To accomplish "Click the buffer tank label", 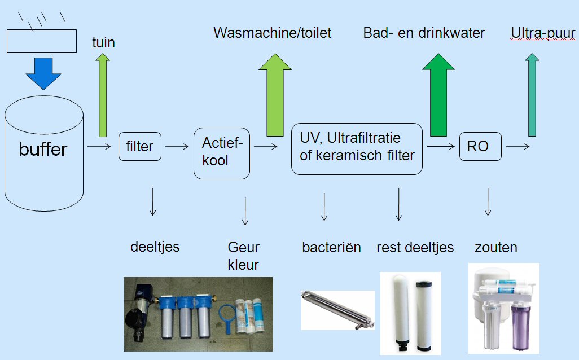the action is (43, 149).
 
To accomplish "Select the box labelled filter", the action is (139, 146).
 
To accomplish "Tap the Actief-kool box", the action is (222, 153).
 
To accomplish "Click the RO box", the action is (480, 146).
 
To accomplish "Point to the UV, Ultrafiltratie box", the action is (357, 149).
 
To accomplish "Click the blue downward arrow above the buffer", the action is (43, 73).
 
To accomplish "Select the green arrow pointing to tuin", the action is (103, 95).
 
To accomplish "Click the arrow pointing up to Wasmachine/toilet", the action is (275, 95).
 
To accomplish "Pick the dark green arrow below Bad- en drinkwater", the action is (438, 95).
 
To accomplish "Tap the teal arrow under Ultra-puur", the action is (532, 95).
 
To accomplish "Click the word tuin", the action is (103, 42).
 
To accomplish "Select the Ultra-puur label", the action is (543, 33).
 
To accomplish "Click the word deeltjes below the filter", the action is (155, 247).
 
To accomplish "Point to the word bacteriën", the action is (332, 247).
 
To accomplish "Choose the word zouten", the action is (496, 247).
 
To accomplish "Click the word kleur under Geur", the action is (243, 265).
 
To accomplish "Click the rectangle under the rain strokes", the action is (42, 41).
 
